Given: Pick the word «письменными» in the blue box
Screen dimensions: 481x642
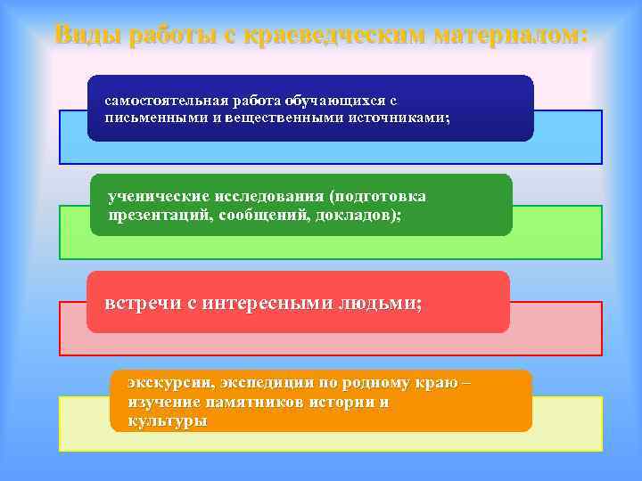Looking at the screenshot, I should pos(147,117).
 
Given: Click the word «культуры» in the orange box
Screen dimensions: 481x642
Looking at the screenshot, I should pos(167,420).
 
